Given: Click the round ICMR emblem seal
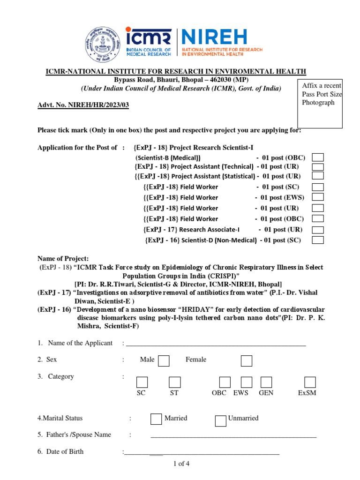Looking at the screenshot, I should click(103, 45).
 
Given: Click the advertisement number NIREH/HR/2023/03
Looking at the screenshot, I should click(83, 105).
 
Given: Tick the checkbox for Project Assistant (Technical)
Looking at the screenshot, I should click(318, 166).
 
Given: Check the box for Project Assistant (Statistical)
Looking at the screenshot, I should click(318, 176).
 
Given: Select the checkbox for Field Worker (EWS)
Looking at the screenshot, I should click(318, 197).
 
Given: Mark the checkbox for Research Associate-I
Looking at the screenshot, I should click(318, 230).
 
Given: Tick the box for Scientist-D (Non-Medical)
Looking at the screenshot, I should click(318, 240).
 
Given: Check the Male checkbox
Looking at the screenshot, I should click(164, 360).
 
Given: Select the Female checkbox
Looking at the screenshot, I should click(247, 360).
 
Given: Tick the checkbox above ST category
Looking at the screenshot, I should click(175, 382).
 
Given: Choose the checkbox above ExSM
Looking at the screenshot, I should click(309, 382).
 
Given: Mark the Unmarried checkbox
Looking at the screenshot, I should click(221, 420).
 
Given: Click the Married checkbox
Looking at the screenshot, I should click(157, 419).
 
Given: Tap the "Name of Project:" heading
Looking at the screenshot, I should click(63, 259).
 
